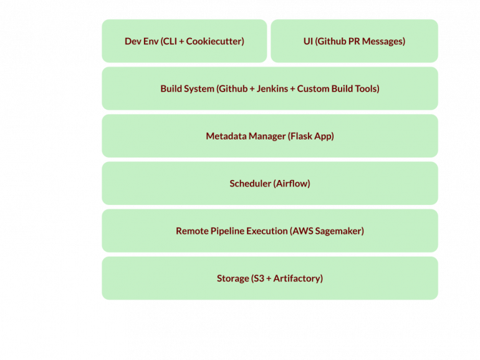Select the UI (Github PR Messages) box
(354, 41)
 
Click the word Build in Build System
(171, 88)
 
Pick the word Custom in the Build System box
(313, 88)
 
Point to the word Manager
(266, 136)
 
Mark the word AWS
(302, 230)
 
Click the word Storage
(233, 278)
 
